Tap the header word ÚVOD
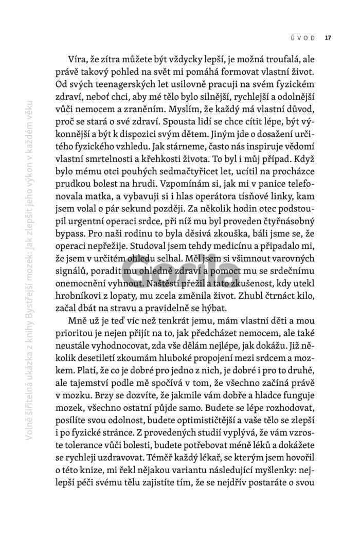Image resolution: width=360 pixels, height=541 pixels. [x=302, y=37]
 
